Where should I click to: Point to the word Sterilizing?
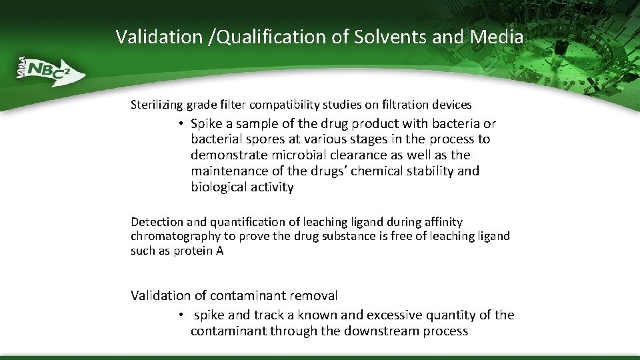[x=157, y=105]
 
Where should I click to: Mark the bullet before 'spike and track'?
[x=181, y=315]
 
